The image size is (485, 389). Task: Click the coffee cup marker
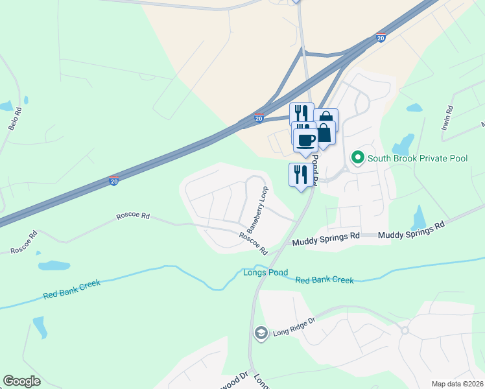point(306,139)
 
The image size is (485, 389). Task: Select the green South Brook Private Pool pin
point(357,158)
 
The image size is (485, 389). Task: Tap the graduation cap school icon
point(261,333)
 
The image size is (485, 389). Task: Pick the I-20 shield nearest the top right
point(381,39)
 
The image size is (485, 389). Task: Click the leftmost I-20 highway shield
point(114,181)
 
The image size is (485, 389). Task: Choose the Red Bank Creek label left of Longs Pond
point(72,289)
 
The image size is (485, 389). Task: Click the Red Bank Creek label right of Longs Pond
point(324,280)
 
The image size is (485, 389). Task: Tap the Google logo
point(21,381)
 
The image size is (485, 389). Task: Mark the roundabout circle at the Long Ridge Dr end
point(405,331)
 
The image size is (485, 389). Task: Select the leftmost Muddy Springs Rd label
point(325,240)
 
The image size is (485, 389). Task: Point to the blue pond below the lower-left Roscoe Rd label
point(54,265)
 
